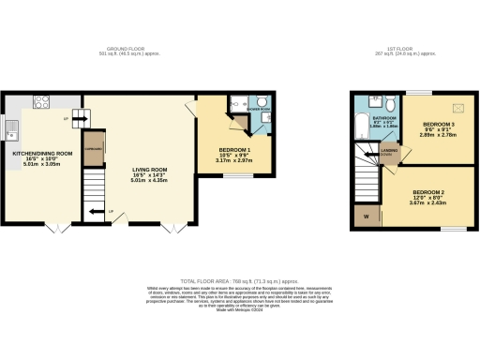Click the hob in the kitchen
tap(42, 100)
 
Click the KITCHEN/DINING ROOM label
tap(42, 153)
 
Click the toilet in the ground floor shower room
tap(262, 103)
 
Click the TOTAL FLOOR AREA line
tap(239, 279)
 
